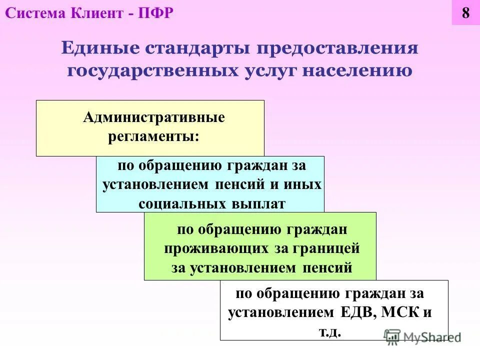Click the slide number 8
tap(465, 13)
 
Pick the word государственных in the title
tap(155, 70)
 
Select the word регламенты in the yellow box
tap(152, 136)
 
